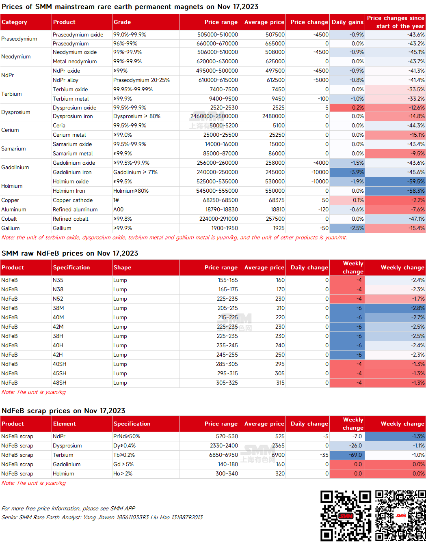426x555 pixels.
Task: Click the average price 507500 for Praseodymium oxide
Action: tap(275, 34)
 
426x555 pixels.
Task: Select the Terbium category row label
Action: tap(11, 94)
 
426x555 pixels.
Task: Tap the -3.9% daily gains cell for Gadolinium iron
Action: tap(347, 172)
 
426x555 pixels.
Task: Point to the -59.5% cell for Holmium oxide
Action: tap(395, 182)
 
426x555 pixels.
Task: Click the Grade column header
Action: tap(122, 22)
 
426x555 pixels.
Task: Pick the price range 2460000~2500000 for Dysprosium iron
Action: tap(214, 116)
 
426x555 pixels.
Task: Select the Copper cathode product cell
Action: tap(73, 200)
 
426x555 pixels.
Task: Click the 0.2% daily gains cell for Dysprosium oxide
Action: tap(347, 108)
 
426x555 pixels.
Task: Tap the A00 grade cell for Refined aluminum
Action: tap(118, 209)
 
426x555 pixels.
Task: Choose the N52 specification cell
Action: tap(58, 299)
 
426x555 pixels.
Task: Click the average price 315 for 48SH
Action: tap(280, 383)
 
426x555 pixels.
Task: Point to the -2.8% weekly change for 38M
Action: tap(395, 308)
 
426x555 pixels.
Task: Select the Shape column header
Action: tap(122, 267)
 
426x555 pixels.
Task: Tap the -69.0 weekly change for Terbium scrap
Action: tap(347, 455)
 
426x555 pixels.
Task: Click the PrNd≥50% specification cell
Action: tap(126, 436)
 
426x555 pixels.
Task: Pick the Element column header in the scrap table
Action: tap(65, 424)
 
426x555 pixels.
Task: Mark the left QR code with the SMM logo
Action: tap(346, 516)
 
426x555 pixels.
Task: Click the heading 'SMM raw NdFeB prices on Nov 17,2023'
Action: tap(70, 253)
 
